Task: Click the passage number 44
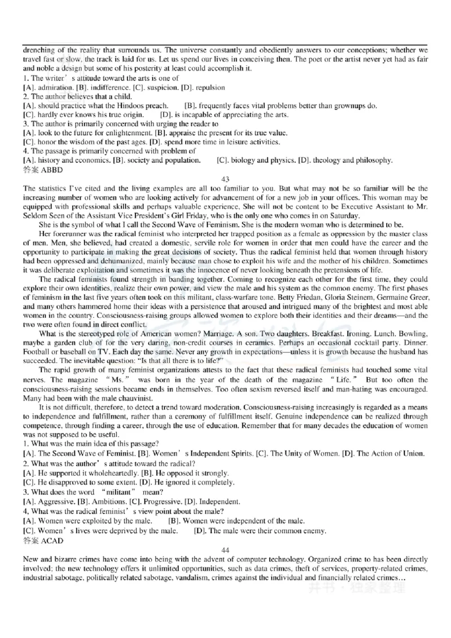[225, 550]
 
